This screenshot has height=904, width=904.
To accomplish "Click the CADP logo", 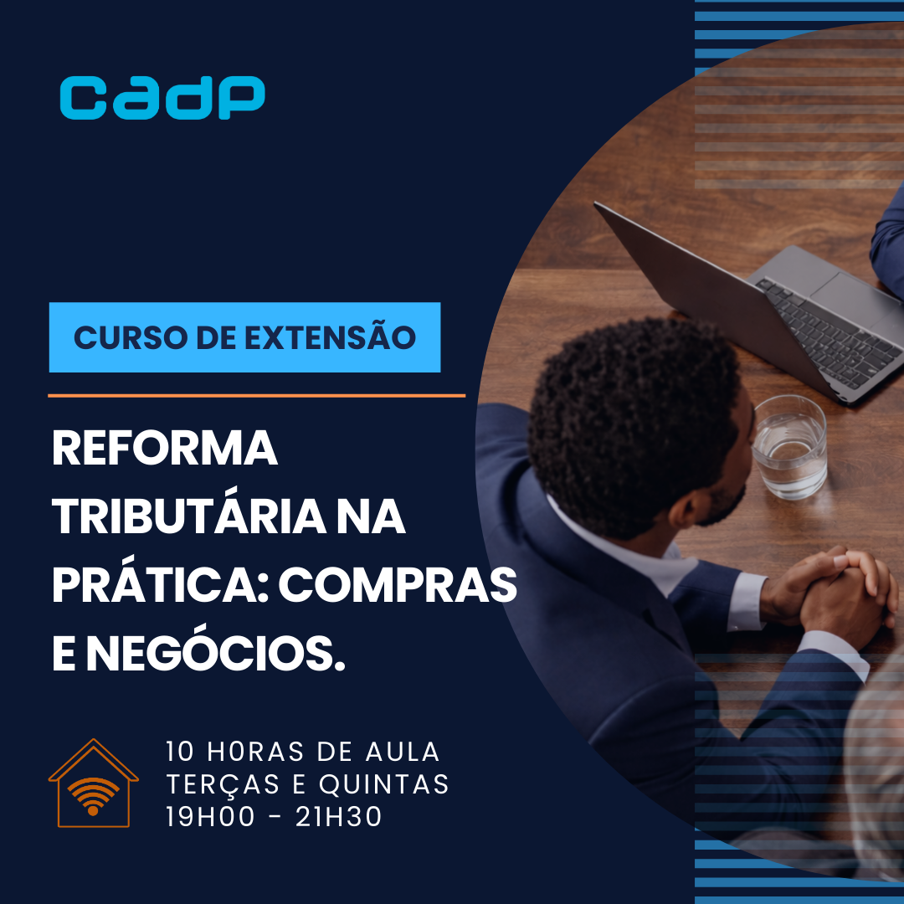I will point(162,98).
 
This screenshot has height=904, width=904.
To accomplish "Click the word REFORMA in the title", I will point(165,450).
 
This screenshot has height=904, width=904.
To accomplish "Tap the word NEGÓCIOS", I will point(216,655).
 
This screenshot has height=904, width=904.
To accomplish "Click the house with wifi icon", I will point(93,783).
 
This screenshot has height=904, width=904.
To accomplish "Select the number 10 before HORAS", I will point(181,752).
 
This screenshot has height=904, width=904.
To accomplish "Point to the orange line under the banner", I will point(256,395).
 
